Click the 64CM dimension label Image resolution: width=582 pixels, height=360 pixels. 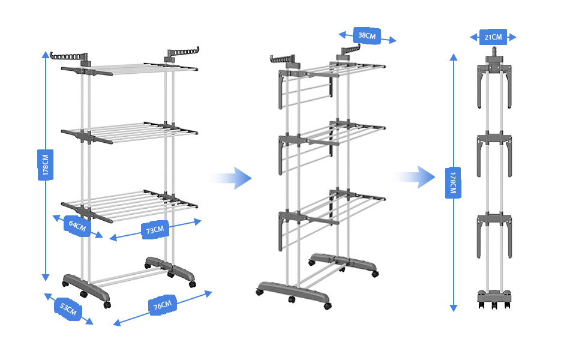(x=77, y=226)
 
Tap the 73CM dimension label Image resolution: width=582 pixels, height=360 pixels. (x=155, y=230)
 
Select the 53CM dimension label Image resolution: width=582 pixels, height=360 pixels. (x=68, y=308)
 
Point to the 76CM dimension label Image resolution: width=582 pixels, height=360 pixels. (x=163, y=305)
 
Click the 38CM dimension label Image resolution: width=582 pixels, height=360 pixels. (x=367, y=35)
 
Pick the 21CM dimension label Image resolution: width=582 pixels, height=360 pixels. (x=493, y=37)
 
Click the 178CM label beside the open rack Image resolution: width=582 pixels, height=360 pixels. (x=45, y=165)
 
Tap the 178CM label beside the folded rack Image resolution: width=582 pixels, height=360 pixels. (x=453, y=182)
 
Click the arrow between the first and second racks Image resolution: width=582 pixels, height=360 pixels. (x=231, y=178)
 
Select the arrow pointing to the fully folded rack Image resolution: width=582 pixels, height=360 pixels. (x=414, y=177)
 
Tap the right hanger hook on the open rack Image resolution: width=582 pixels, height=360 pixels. (x=182, y=53)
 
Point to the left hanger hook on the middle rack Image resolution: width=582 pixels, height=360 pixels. (x=282, y=60)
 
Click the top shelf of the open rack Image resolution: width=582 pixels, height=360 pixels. (x=129, y=69)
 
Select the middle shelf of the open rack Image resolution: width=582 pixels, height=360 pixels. (x=129, y=133)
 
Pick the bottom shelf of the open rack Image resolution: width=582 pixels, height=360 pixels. (x=129, y=206)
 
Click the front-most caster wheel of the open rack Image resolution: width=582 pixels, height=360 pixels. (x=107, y=305)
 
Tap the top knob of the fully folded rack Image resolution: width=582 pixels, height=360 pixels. (x=494, y=51)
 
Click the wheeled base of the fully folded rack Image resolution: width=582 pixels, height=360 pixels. (x=494, y=299)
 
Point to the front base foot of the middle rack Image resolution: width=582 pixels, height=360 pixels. (x=293, y=294)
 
